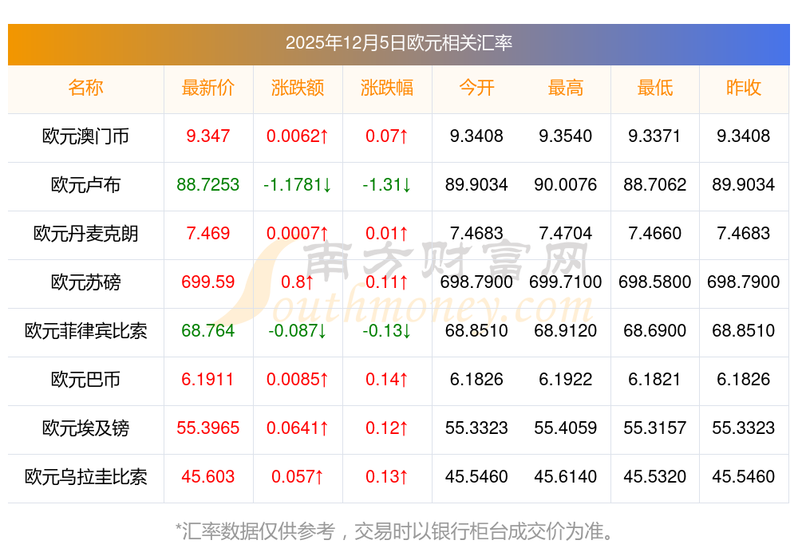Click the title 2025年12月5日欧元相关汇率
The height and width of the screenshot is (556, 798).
398,43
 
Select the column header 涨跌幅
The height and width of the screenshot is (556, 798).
387,88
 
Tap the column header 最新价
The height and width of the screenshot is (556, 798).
208,88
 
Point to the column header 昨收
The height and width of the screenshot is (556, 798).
744,88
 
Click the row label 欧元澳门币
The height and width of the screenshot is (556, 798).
85,136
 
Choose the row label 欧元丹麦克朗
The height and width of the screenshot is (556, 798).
85,234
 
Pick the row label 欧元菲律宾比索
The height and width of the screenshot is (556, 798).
85,331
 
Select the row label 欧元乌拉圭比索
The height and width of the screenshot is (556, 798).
85,477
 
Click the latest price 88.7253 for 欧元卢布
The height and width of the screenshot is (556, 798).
208,185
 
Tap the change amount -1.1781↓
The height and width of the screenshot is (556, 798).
298,185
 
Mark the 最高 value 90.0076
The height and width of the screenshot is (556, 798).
566,185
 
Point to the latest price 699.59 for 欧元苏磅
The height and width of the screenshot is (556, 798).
208,282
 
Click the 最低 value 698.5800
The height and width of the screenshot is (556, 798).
654,282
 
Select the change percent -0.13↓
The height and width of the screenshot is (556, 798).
387,331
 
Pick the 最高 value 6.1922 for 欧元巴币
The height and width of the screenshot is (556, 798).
566,380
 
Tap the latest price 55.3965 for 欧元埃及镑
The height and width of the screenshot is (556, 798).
208,428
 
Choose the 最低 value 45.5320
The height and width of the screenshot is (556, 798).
654,477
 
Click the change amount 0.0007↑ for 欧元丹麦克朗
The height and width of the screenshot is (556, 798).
298,234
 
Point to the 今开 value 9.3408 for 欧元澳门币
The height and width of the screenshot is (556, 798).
476,136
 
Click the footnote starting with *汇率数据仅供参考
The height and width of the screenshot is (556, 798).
398,530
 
